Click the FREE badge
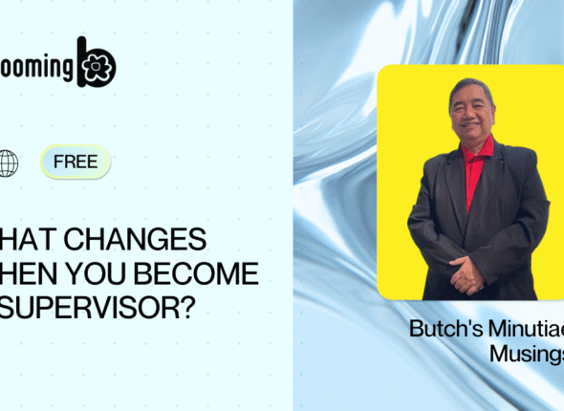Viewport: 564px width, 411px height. [76, 162]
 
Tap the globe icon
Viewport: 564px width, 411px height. [8, 162]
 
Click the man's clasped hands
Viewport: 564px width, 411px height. [467, 276]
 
